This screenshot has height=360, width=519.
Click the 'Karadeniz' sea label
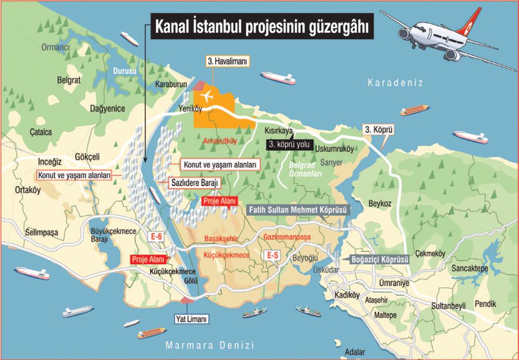(396, 83)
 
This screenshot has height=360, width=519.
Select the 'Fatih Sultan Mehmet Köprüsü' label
(298, 210)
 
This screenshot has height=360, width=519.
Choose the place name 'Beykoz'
(381, 202)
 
